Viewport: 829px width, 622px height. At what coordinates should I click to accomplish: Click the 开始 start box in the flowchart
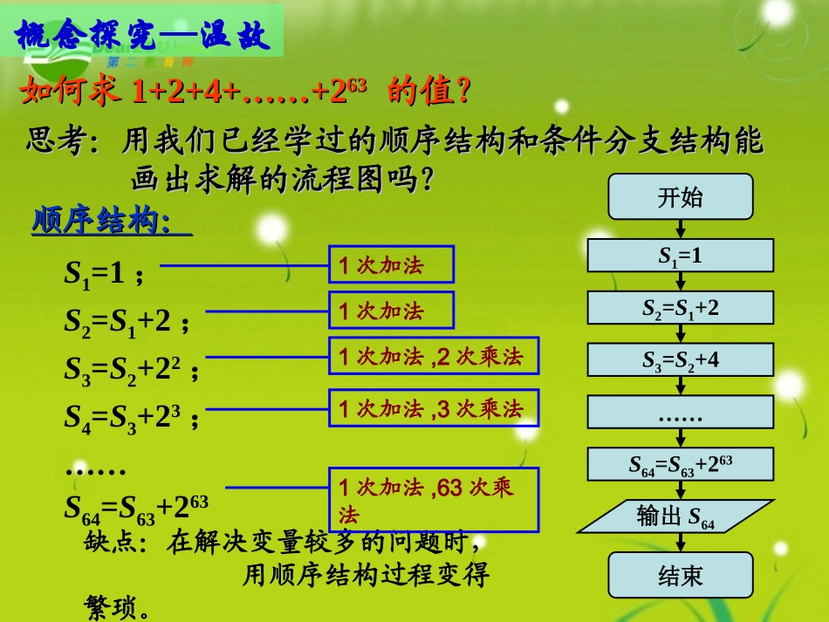point(680,196)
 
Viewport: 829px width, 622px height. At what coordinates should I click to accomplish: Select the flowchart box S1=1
point(680,256)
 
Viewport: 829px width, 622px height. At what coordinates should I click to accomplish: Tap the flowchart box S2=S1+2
point(680,307)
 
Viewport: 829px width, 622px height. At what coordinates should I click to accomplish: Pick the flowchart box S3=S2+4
point(680,359)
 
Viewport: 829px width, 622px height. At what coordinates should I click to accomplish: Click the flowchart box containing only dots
point(680,412)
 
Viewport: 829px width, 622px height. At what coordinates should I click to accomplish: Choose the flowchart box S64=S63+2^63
point(680,464)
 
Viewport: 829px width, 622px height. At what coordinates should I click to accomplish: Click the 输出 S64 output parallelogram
point(676,516)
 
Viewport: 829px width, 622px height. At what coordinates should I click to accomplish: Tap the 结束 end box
point(680,575)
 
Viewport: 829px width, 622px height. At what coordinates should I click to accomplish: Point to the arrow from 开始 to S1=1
point(680,229)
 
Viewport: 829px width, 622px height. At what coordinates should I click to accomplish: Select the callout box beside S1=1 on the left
point(391,264)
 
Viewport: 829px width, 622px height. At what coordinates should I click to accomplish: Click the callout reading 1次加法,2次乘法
point(433,358)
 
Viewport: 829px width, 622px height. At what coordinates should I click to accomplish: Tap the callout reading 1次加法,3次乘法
point(433,407)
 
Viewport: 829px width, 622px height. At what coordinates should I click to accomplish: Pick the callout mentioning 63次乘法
point(433,499)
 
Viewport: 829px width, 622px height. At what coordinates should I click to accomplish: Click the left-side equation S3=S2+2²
point(131,369)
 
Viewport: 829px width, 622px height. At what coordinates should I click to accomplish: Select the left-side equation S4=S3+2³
point(131,418)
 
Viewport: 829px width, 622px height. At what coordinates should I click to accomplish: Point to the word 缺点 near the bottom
point(108,543)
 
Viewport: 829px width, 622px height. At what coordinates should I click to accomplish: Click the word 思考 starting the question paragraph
point(55,141)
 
